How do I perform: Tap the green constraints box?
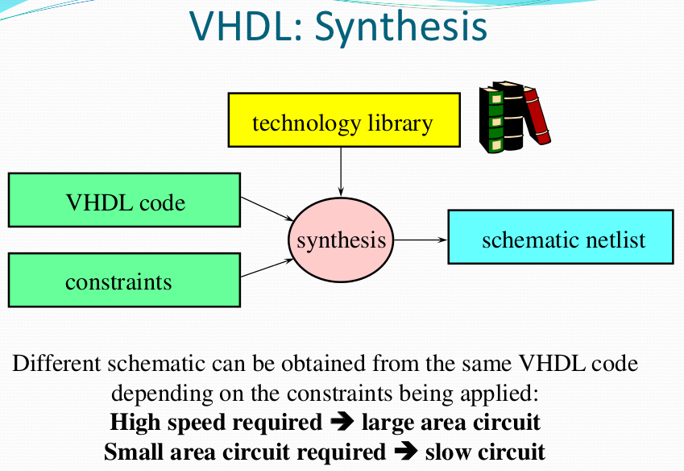(x=124, y=280)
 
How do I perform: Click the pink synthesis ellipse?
(x=341, y=240)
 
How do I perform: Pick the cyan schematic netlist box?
(x=560, y=238)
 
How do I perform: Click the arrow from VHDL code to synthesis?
(x=266, y=207)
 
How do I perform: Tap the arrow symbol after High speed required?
(x=342, y=422)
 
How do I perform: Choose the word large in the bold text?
(x=386, y=423)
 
